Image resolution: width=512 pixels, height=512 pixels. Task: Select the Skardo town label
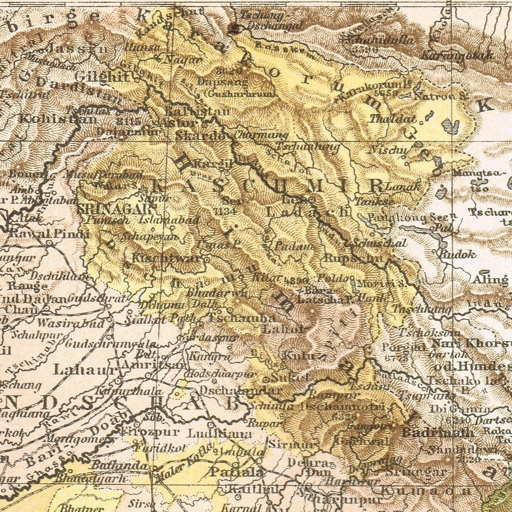[200, 135]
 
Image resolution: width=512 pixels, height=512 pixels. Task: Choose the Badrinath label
[437, 432]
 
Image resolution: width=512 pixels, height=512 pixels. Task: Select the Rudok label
[457, 254]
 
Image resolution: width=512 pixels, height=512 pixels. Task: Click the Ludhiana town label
[221, 434]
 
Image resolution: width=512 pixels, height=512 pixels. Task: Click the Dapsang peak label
[222, 82]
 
